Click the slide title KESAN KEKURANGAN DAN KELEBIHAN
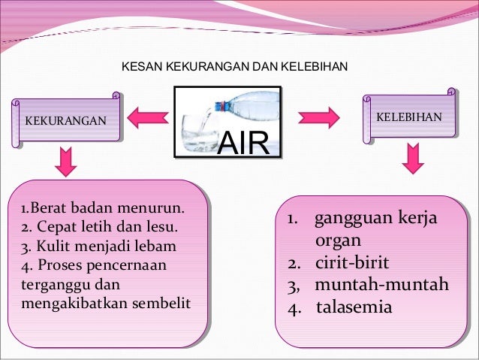[234, 68]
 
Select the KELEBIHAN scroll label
[409, 118]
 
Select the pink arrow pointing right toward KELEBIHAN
[320, 117]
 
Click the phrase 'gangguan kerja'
[375, 220]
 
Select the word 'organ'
[338, 241]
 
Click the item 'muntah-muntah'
[381, 286]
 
